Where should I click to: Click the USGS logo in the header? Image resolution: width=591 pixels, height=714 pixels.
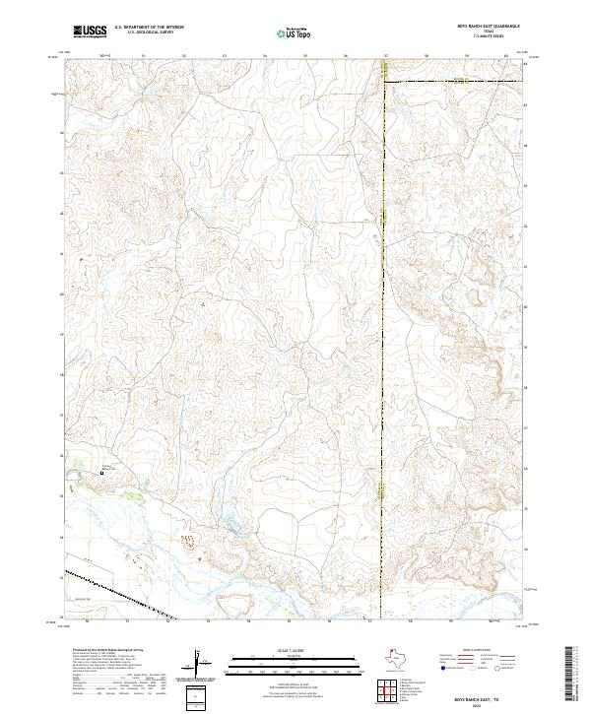(90, 32)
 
